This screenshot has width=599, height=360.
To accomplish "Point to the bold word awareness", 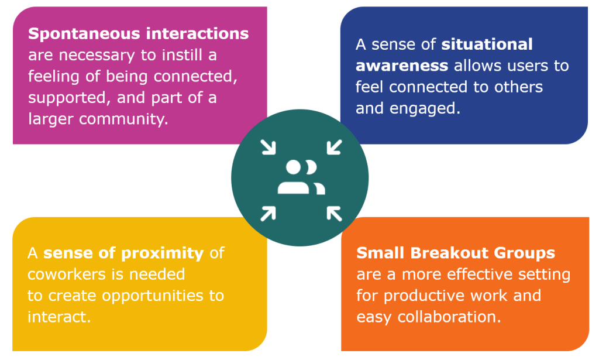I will point(402,66).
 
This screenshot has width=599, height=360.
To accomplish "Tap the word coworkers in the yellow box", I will point(66,274).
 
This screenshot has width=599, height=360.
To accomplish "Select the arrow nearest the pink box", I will point(268,147).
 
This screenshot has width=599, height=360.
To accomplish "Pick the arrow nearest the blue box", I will point(333,147).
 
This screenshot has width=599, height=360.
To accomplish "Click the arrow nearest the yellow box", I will point(268,212).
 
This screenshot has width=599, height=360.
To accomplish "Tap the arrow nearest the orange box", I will point(333,212).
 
